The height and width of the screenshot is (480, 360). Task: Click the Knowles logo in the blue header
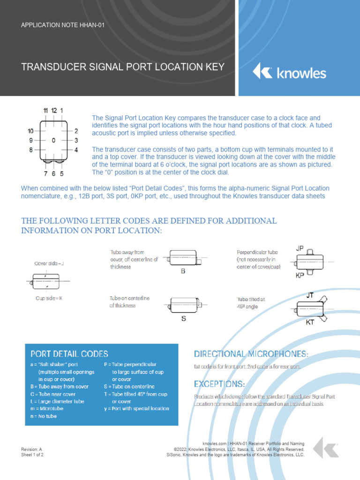click(289, 73)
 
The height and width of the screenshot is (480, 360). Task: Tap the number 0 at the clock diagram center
click(53, 140)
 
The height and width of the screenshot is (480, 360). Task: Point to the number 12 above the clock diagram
click(54, 110)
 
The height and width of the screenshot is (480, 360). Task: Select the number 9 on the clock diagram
click(31, 140)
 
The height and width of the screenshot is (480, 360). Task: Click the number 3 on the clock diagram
click(76, 140)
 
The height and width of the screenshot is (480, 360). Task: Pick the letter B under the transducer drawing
click(183, 270)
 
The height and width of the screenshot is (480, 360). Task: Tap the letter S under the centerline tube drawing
click(184, 318)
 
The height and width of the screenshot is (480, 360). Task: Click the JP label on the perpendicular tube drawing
click(300, 247)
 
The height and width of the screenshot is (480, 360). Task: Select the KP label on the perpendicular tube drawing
click(300, 276)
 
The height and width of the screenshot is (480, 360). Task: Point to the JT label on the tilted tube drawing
click(310, 295)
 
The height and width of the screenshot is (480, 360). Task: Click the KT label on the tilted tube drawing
click(310, 322)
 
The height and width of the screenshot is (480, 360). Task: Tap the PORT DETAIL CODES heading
click(69, 354)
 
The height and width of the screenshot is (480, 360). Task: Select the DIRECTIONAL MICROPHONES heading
click(251, 353)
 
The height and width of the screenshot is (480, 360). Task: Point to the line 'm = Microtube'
click(47, 408)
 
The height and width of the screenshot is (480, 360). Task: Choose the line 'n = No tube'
click(44, 416)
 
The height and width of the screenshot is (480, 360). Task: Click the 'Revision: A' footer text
click(31, 449)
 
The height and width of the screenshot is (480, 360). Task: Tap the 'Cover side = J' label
click(49, 263)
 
